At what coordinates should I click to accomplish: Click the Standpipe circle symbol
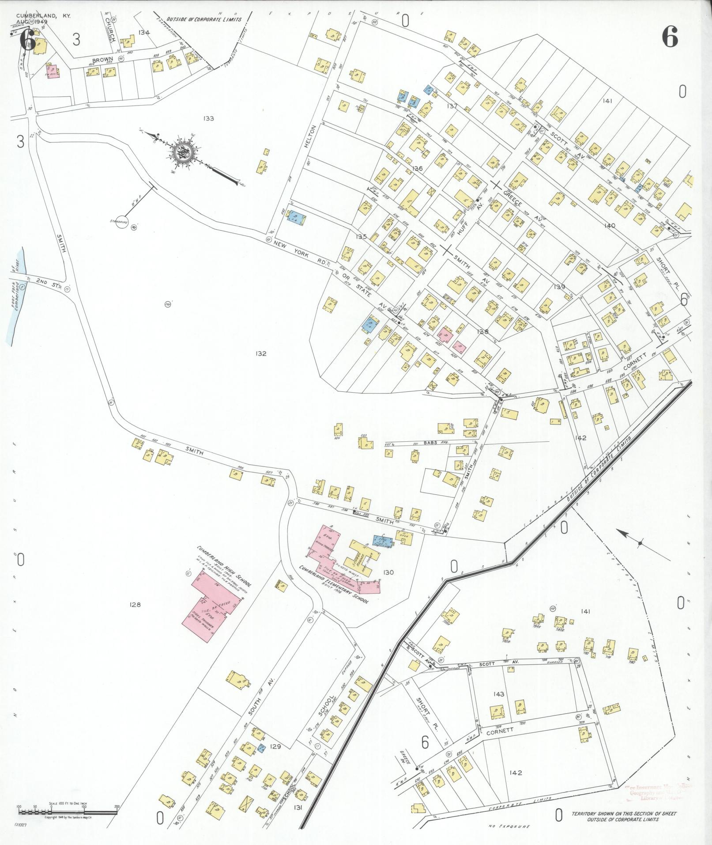pos(122,224)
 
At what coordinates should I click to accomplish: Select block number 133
pos(208,118)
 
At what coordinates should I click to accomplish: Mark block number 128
pos(135,604)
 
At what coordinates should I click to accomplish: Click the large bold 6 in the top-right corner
pos(670,37)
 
